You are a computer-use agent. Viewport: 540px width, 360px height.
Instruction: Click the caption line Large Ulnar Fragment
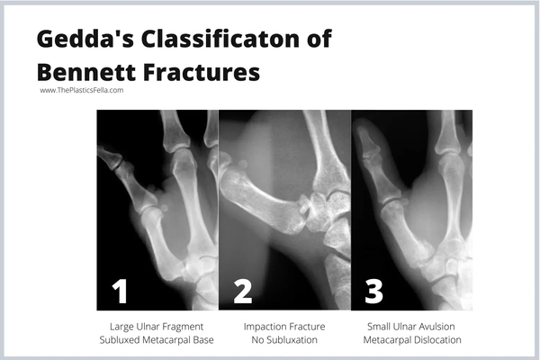(156, 325)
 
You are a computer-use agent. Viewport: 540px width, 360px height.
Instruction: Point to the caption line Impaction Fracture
(283, 325)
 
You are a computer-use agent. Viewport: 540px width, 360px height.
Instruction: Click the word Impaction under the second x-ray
(263, 325)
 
